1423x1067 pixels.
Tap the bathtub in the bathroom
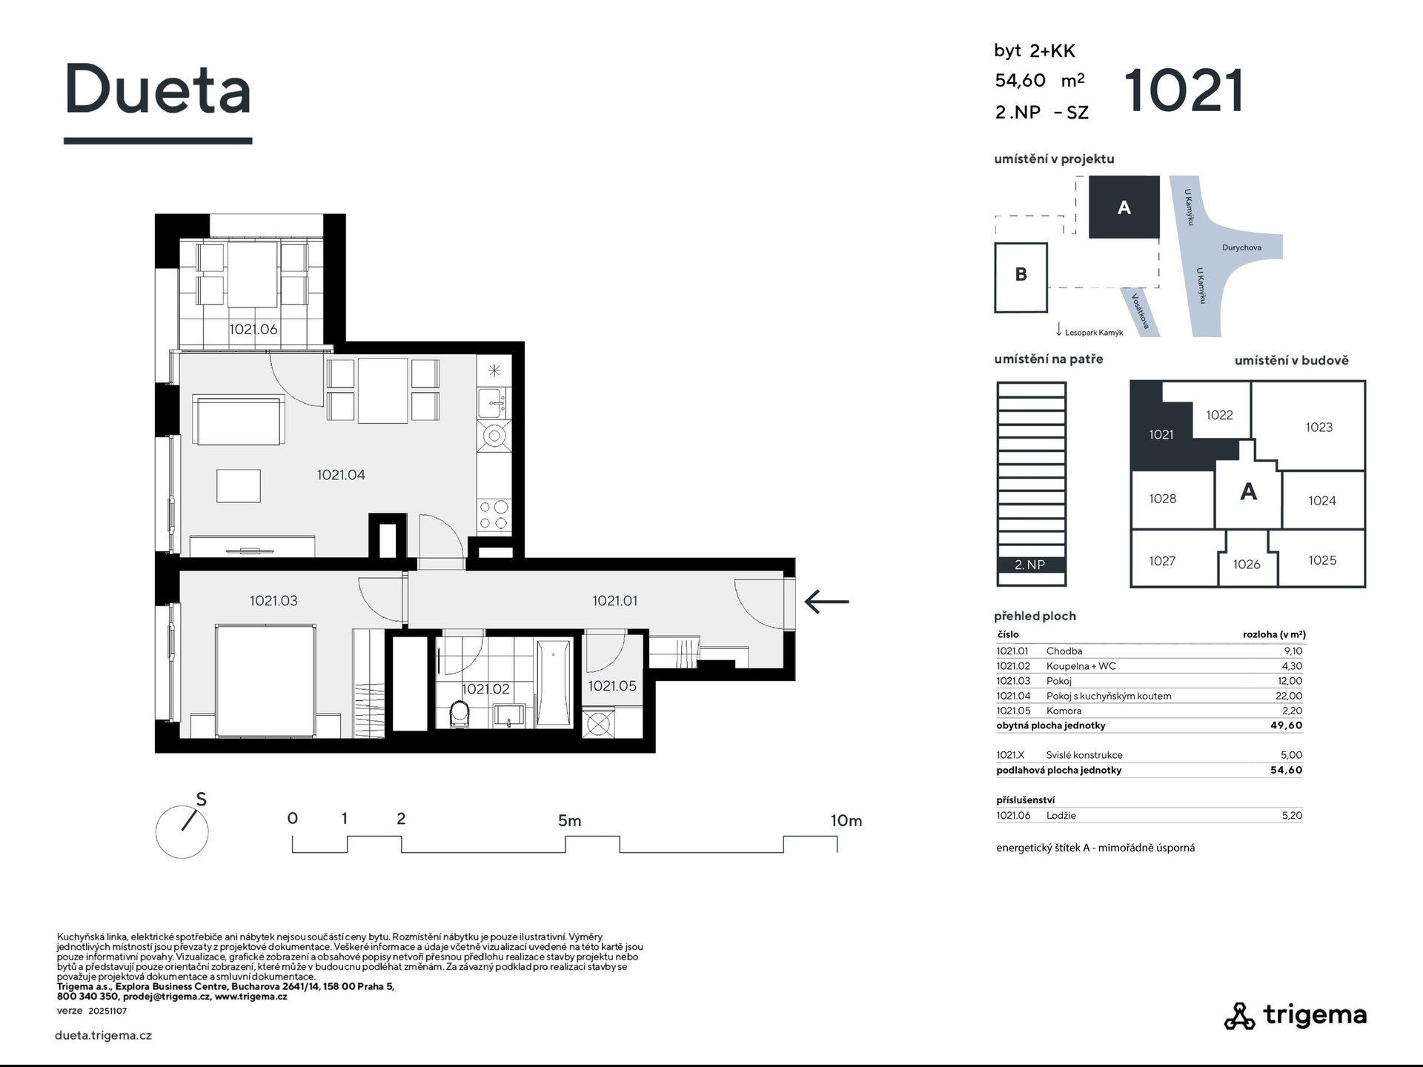coord(554,682)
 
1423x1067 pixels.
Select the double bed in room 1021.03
coord(265,679)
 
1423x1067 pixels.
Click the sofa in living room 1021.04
coord(239,419)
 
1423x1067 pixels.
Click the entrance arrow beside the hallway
coord(826,602)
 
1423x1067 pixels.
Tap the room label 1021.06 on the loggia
coord(253,330)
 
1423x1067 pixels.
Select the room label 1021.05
coord(612,686)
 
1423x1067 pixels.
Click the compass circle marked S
coord(182,832)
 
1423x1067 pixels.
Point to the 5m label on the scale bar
coord(569,821)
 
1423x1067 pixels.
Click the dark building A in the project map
coord(1124,207)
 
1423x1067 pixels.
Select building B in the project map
coord(1021,277)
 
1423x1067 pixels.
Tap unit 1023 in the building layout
coord(1318,427)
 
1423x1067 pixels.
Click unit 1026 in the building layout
coord(1247,565)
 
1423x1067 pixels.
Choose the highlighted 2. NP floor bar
coord(1031,565)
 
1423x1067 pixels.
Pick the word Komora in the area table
coord(1064,711)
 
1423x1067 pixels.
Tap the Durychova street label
coord(1241,247)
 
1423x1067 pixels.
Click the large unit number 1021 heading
coord(1184,91)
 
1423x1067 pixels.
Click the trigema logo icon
coord(1239,1016)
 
